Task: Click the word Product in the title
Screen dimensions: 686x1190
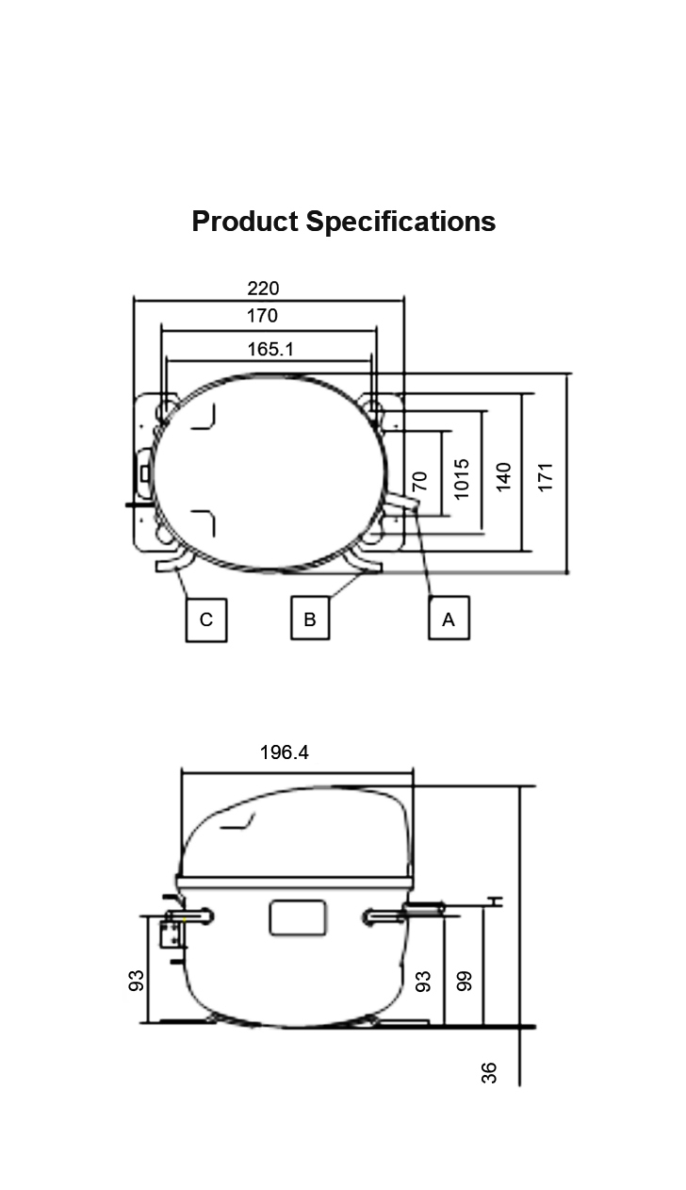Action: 245,221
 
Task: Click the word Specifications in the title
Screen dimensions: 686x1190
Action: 400,222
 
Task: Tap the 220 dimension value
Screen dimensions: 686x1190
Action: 263,289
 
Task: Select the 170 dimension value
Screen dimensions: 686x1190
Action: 262,316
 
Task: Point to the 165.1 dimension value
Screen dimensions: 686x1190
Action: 270,349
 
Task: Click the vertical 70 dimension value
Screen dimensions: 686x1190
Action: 419,481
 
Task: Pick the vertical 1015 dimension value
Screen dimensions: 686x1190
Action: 462,479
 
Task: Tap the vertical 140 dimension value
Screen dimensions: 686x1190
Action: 503,477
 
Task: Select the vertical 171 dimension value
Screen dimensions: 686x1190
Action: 546,477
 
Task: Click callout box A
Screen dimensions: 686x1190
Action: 449,618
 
